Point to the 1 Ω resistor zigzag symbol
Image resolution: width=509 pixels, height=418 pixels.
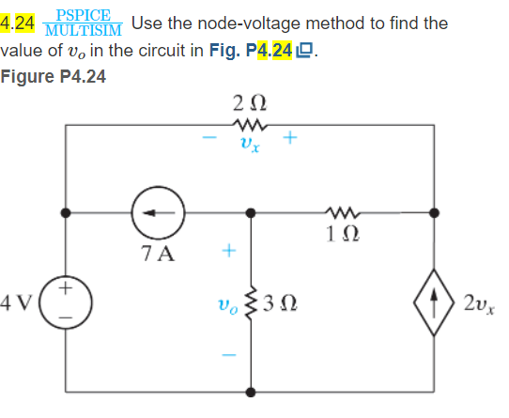click(340, 211)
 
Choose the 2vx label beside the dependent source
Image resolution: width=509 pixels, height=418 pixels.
click(479, 303)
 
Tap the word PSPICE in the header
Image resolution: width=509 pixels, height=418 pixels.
click(84, 14)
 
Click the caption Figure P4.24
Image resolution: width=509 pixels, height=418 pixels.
click(54, 76)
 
